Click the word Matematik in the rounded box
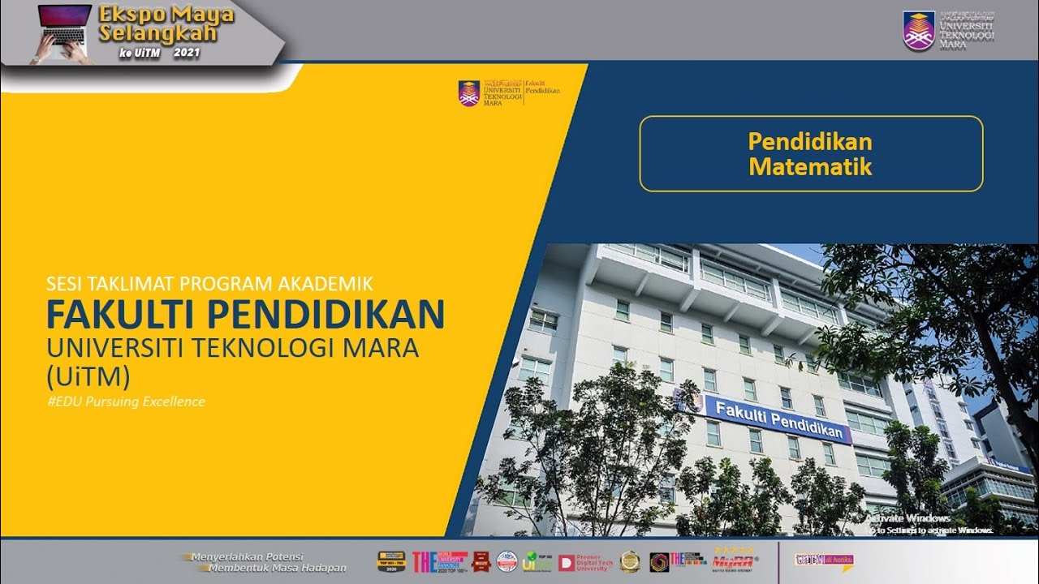[810, 167]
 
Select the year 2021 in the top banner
[186, 53]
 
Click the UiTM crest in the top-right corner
[918, 31]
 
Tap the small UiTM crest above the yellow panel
[469, 93]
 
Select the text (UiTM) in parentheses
[77, 376]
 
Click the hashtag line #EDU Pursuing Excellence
[126, 401]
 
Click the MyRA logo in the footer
[733, 561]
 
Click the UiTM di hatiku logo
[824, 560]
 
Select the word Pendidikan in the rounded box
[810, 142]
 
